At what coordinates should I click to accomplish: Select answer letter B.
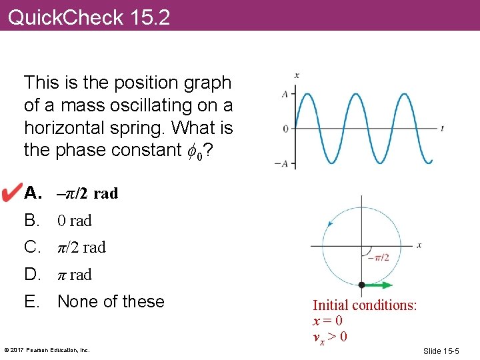(x=32, y=221)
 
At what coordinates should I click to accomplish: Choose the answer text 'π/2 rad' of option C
(x=82, y=247)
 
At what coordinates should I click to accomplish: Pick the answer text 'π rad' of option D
(x=75, y=275)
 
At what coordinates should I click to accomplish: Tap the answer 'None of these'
(x=111, y=301)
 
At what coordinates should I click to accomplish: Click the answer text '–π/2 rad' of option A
(x=87, y=193)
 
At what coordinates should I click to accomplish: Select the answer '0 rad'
(x=75, y=221)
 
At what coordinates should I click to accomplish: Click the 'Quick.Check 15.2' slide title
(x=89, y=17)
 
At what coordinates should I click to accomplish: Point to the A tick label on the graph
(x=285, y=94)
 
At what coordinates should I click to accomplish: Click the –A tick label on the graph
(x=283, y=163)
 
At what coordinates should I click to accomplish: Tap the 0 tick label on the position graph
(x=285, y=128)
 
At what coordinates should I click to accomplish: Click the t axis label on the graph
(x=443, y=128)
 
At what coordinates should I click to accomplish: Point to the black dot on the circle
(x=361, y=285)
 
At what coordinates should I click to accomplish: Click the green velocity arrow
(x=380, y=285)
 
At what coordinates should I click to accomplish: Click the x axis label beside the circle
(x=419, y=245)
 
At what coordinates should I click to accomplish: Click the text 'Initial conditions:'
(x=365, y=305)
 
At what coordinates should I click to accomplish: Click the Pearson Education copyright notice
(x=47, y=350)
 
